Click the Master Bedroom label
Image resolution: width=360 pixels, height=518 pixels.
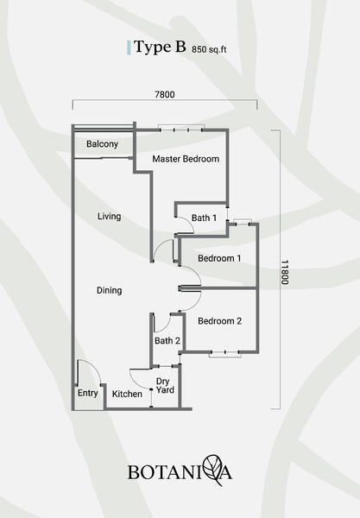[x=186, y=159]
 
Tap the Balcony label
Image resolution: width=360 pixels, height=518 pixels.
[x=102, y=144]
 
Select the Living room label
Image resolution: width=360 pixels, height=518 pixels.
[x=109, y=217]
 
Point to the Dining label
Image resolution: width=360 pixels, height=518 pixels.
[x=109, y=290]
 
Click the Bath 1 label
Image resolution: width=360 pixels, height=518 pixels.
[x=204, y=218]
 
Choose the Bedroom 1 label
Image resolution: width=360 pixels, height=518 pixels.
[x=219, y=258]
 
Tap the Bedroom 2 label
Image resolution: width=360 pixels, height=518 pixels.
[x=219, y=321]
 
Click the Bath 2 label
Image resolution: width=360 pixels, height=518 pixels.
[x=167, y=341]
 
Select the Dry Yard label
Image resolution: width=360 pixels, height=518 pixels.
[x=165, y=386]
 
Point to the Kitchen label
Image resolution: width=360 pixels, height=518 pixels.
[x=127, y=395]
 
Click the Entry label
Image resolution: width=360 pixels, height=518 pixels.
[x=87, y=393]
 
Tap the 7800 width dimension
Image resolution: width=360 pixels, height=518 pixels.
[x=165, y=94]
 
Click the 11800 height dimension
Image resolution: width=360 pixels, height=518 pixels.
[x=285, y=272]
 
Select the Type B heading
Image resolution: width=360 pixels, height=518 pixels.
[x=161, y=47]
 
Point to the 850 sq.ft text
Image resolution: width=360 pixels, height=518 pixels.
[x=209, y=49]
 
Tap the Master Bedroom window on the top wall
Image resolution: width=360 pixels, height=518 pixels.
[x=181, y=128]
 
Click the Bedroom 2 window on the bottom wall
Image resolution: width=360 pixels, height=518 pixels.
[x=225, y=354]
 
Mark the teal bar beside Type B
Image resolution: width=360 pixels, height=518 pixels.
[x=129, y=47]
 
